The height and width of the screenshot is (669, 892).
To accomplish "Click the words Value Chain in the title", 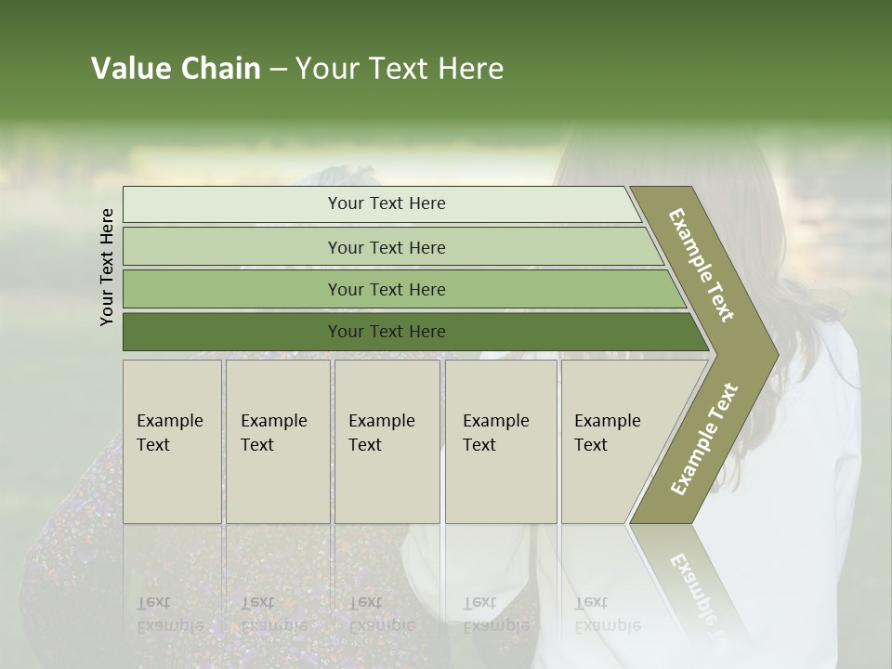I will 176,69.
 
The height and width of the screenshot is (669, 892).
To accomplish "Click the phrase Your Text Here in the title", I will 400,69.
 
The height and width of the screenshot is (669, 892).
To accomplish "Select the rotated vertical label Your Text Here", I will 108,267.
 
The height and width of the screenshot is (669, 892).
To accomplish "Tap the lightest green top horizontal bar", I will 386,203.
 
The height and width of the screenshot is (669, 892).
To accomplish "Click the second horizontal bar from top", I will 386,247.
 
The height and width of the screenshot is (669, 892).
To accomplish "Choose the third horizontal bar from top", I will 386,289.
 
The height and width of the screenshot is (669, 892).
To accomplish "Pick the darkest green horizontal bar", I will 386,332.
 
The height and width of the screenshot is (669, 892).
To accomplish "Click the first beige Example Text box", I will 172,441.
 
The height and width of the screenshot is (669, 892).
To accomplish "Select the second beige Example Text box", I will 277,441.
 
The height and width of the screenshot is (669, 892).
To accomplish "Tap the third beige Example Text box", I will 386,441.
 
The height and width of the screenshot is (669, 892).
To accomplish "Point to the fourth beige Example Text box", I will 500,441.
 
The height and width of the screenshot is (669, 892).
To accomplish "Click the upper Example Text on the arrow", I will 702,265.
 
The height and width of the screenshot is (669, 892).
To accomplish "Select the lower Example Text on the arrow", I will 704,439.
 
